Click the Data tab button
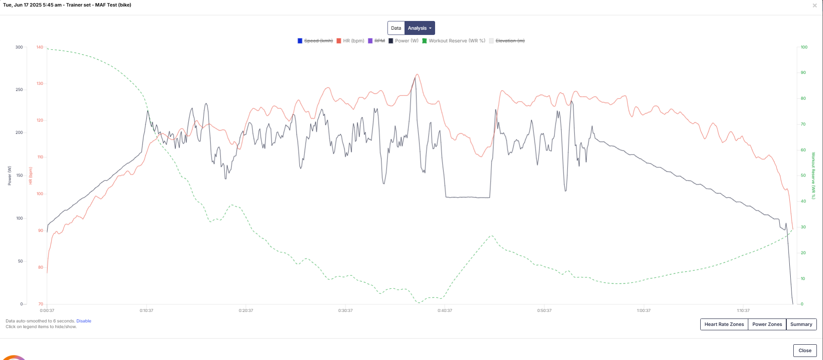click(396, 28)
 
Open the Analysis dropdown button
click(419, 28)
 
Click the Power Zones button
click(767, 324)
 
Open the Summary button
click(801, 324)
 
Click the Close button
click(805, 350)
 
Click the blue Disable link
click(84, 321)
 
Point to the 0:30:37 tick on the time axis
click(346, 311)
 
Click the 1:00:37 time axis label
click(643, 311)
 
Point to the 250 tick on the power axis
click(19, 90)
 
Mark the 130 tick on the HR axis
click(40, 83)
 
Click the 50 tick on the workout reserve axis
click(803, 176)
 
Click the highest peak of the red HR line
click(417, 75)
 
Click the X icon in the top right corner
click(814, 6)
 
